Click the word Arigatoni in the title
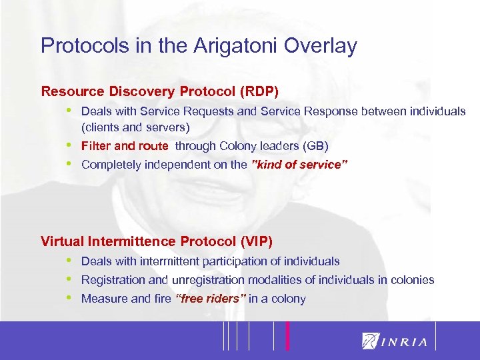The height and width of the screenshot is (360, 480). coord(229,46)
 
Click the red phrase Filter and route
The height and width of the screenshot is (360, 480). coord(125,146)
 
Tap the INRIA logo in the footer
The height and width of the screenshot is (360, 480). coord(394,341)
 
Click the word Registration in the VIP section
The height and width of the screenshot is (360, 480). coord(111,280)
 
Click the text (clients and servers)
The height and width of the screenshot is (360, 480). coord(135,127)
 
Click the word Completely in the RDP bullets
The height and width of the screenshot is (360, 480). coord(110,165)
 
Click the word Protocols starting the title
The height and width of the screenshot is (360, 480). coord(75,46)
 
